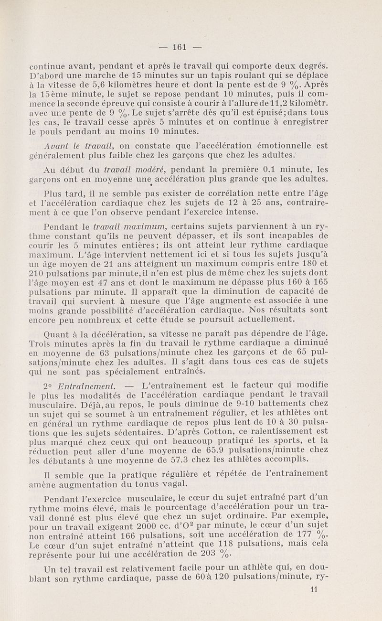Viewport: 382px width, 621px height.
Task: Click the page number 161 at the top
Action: tap(179, 47)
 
